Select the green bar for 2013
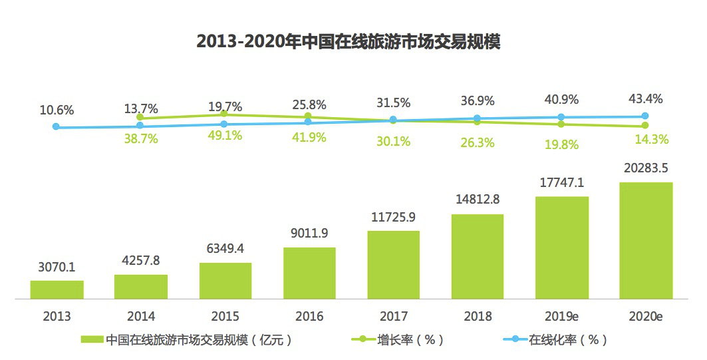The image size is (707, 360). point(57,290)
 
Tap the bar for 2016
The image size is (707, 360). point(309,273)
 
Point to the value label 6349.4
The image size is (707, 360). point(225,249)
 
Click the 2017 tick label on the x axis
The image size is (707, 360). point(393,316)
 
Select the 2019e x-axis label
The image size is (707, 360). point(561,316)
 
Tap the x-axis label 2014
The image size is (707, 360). point(141,316)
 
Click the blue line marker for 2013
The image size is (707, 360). point(56,126)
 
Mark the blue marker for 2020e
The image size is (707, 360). point(645,116)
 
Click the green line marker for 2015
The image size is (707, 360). point(224,114)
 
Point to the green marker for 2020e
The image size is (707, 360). point(645,126)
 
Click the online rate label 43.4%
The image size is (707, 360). point(645,99)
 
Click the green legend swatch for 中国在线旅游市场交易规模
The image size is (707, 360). point(92,340)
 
